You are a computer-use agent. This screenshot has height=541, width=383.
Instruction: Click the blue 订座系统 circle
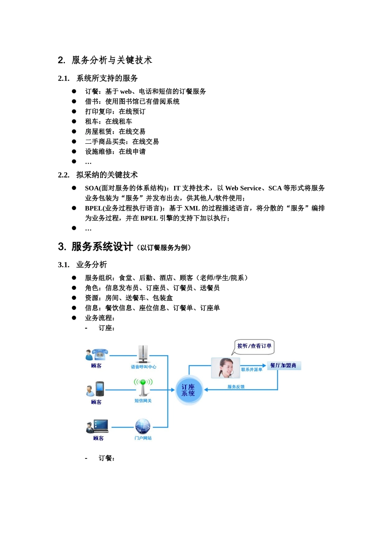pyautogui.click(x=188, y=390)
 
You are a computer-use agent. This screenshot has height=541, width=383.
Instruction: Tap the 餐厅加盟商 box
pyautogui.click(x=283, y=365)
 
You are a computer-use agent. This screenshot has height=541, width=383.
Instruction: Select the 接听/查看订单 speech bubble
pyautogui.click(x=254, y=346)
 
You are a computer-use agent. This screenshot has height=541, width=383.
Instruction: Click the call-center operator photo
pyautogui.click(x=225, y=368)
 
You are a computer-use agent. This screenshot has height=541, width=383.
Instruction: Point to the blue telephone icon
pyautogui.click(x=99, y=355)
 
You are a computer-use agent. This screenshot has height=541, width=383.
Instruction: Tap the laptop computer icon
pyautogui.click(x=100, y=425)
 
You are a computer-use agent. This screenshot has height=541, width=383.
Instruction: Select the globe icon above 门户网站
pyautogui.click(x=143, y=426)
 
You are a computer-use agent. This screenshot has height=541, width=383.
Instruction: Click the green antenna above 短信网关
pyautogui.click(x=143, y=387)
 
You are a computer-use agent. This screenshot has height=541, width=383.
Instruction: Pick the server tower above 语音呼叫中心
pyautogui.click(x=143, y=354)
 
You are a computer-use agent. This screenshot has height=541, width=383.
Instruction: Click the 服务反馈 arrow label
pyautogui.click(x=236, y=387)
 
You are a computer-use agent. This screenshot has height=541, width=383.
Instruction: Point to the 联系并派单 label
pyautogui.click(x=252, y=370)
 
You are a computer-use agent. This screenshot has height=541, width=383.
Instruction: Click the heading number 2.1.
pyautogui.click(x=64, y=78)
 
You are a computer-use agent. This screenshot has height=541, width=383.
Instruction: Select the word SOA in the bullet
pyautogui.click(x=92, y=188)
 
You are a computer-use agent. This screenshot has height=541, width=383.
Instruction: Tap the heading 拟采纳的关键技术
pyautogui.click(x=107, y=175)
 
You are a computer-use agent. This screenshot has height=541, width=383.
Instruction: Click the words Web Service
pyautogui.click(x=243, y=188)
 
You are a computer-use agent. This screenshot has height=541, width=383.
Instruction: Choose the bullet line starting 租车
pyautogui.click(x=108, y=122)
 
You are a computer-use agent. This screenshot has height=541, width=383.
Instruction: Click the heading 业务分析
pyautogui.click(x=92, y=265)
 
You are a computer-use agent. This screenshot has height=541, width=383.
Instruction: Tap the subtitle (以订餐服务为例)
pyautogui.click(x=163, y=248)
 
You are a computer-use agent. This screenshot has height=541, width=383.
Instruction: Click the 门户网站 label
pyautogui.click(x=143, y=438)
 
